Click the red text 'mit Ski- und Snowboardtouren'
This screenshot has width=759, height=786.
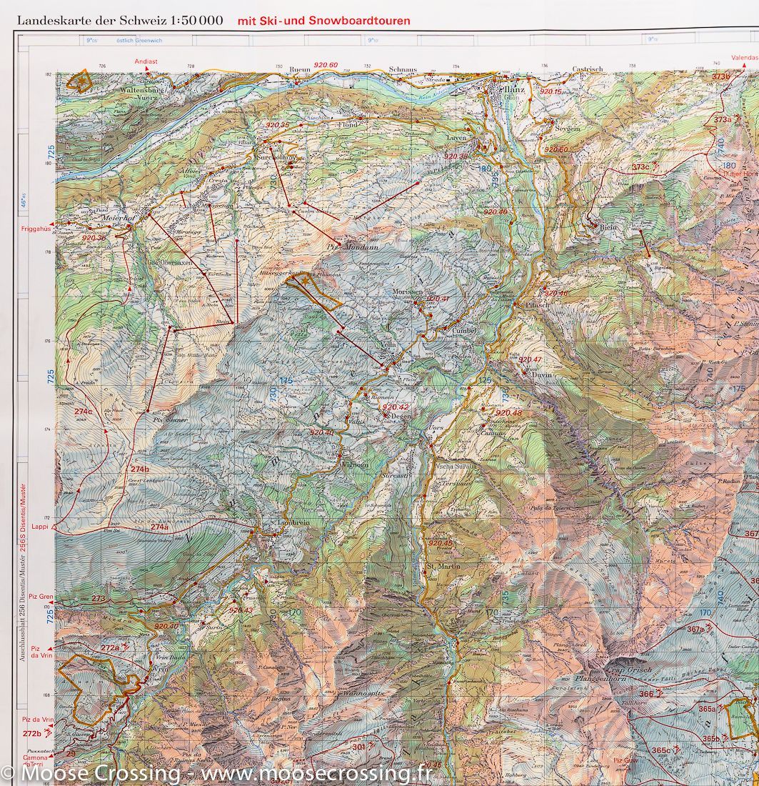323,21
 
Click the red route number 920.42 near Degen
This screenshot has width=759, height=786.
396,407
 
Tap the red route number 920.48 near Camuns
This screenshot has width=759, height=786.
508,413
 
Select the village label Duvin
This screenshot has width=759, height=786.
543,374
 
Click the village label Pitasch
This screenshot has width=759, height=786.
537,304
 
